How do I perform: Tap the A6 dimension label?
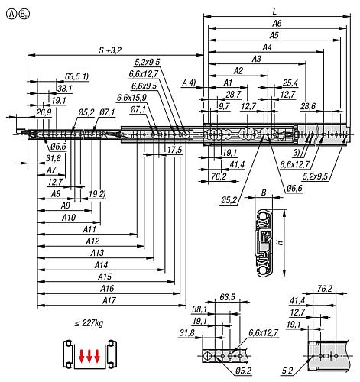[x=277, y=24]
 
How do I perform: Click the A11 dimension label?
[x=89, y=228]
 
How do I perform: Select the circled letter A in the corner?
[x=8, y=12]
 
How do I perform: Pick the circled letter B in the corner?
[x=23, y=12]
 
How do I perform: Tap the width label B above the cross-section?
[x=263, y=193]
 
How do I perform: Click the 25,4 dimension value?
[x=290, y=83]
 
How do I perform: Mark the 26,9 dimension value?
[x=44, y=112]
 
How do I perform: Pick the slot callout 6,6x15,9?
[x=132, y=98]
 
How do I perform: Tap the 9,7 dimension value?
[x=223, y=105]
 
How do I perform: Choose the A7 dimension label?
[x=51, y=170]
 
